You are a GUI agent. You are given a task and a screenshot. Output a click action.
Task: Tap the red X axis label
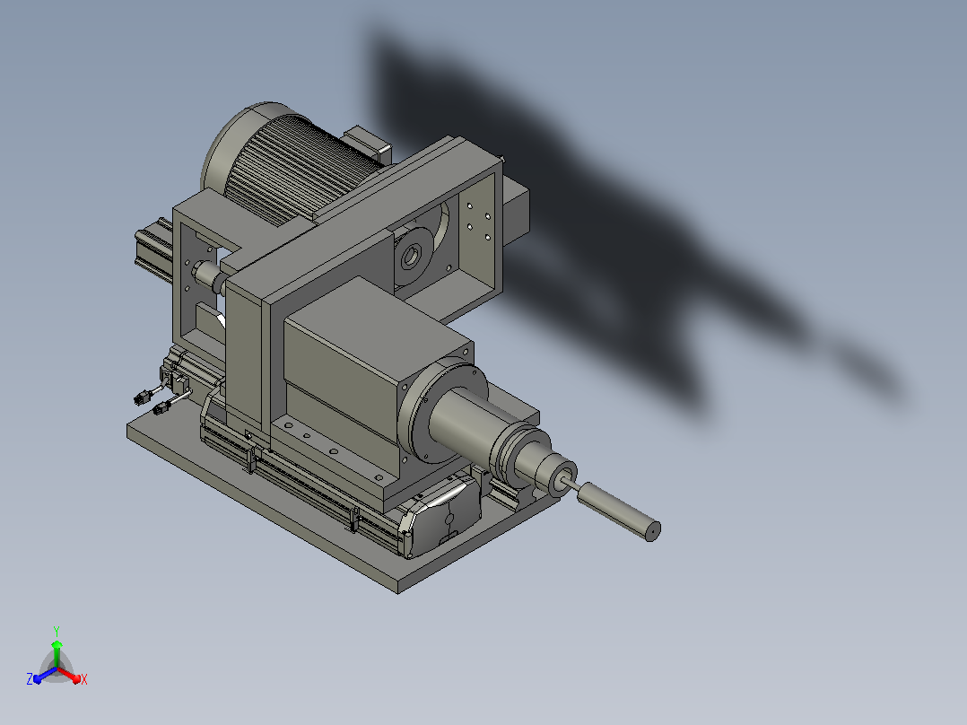coord(84,679)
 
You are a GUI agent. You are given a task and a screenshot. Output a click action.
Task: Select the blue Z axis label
coord(30,678)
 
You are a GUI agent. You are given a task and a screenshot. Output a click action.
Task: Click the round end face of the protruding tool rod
coord(652,530)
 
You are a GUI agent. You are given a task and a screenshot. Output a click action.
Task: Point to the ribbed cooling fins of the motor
coord(296,170)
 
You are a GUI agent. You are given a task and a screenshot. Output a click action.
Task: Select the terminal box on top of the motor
coord(367,145)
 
